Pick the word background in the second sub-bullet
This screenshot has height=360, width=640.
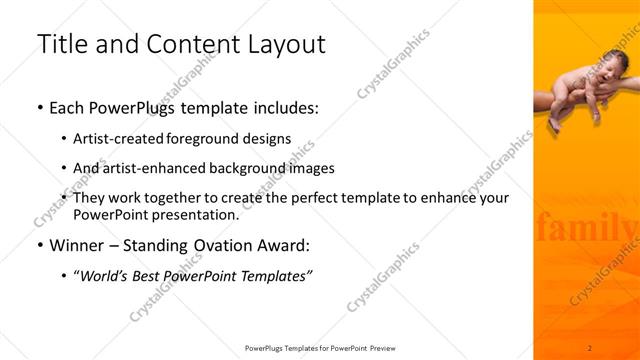pyautogui.click(x=254, y=168)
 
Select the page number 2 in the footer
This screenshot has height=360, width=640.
pyautogui.click(x=590, y=347)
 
